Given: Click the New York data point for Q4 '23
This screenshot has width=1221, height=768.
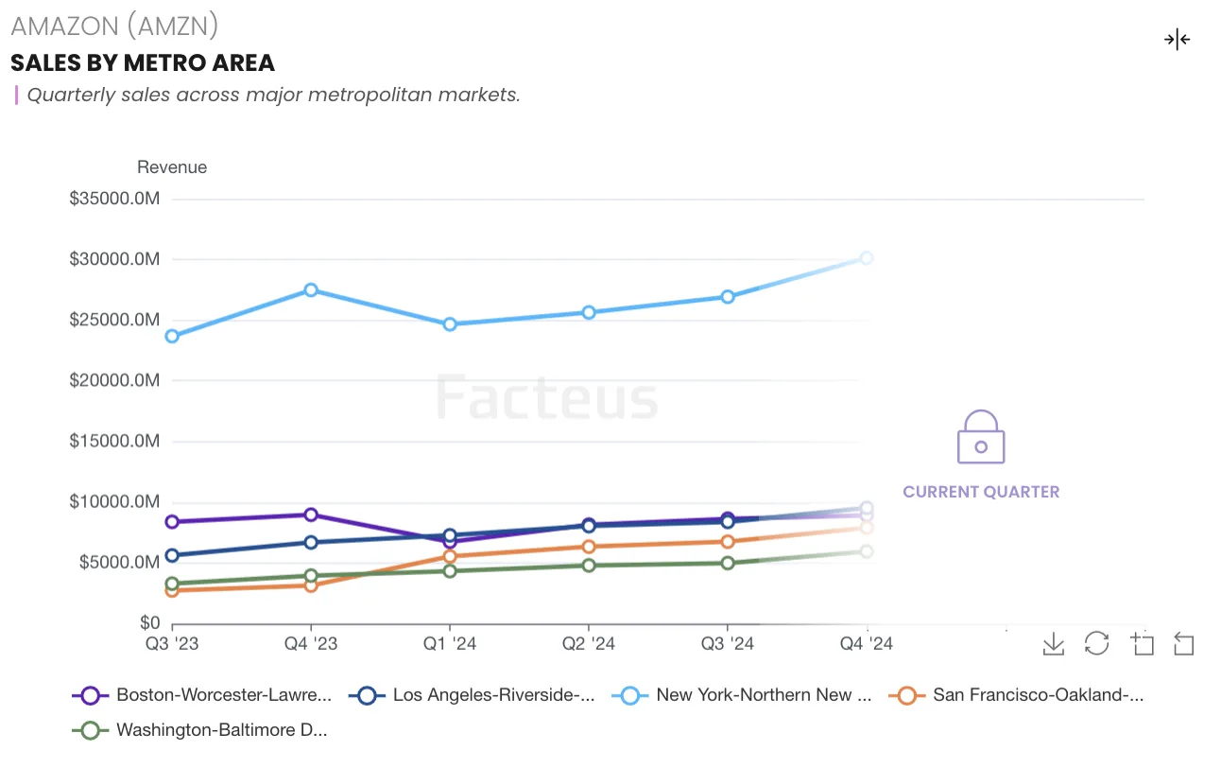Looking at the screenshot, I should [311, 290].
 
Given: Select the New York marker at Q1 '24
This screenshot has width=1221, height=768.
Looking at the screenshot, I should [450, 324].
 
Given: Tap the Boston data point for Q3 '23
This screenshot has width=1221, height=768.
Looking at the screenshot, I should [172, 522].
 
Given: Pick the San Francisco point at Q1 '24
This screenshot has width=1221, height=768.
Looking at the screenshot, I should [450, 556].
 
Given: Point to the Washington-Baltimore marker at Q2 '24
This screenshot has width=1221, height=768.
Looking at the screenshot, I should [589, 566].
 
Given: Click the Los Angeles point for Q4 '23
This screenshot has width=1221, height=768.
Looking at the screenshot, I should [311, 543].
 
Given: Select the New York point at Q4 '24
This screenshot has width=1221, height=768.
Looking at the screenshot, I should [867, 258].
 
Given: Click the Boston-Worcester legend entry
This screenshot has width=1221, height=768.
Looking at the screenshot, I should [203, 695].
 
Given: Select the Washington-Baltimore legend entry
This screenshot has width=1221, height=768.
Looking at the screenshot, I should [201, 730].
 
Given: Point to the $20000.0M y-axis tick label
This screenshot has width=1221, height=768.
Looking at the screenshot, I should [114, 380].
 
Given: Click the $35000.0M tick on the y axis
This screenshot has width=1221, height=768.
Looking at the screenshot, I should [114, 199].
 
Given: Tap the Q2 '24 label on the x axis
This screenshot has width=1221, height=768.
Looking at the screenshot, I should [589, 644].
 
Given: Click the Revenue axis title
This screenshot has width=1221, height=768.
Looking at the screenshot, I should [172, 167].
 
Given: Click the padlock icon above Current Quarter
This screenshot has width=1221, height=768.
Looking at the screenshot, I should [981, 437].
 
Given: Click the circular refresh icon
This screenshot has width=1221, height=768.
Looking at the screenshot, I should [1096, 644].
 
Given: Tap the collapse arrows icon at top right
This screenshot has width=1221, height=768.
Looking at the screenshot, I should [1177, 40].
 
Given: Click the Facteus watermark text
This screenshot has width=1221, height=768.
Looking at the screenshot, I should [546, 397].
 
